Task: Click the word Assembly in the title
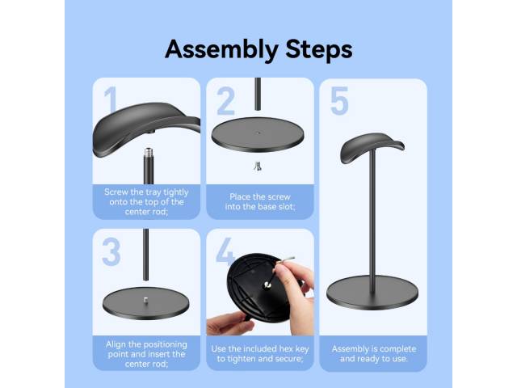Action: click(221, 50)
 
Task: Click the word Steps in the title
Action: click(319, 48)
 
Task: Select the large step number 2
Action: click(225, 100)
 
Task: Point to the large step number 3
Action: click(111, 251)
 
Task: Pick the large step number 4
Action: click(225, 251)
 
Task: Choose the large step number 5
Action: click(339, 100)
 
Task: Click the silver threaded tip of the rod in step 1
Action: click(149, 153)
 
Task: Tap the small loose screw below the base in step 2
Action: click(258, 166)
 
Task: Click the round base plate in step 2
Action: click(258, 134)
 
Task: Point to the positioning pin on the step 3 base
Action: click(145, 300)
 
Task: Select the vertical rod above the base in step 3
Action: click(145, 255)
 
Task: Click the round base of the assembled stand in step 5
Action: click(372, 293)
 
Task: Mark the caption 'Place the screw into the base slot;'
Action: click(260, 201)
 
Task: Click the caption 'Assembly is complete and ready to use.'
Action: click(374, 354)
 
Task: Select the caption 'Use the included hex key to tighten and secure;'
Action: click(260, 354)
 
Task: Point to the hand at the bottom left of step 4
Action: click(230, 323)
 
